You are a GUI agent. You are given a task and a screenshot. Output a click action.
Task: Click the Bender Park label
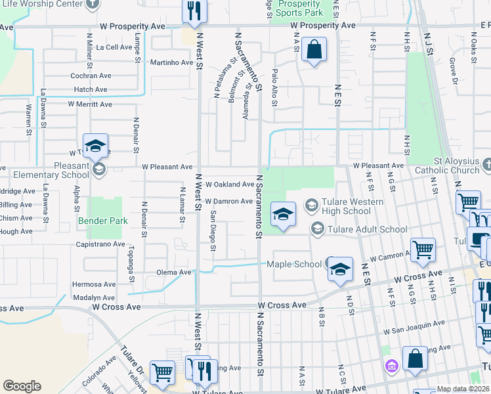pos(103,221)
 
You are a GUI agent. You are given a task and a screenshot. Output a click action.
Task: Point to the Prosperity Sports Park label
pos(299,9)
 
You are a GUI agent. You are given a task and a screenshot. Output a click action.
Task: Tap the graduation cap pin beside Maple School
pos(340,269)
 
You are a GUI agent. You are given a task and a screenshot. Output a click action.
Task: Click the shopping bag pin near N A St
pos(314,49)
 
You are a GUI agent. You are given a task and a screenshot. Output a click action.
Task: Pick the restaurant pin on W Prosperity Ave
pos(194,11)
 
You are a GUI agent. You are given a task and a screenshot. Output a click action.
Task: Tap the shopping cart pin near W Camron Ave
pos(423,250)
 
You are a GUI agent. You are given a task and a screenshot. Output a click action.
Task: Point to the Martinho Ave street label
pos(173,63)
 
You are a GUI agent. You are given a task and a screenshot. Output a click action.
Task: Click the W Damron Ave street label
pos(228,202)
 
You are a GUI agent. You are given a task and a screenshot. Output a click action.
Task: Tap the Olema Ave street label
pos(174,272)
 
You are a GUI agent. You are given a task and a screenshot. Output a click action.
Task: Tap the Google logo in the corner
pos(22,386)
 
